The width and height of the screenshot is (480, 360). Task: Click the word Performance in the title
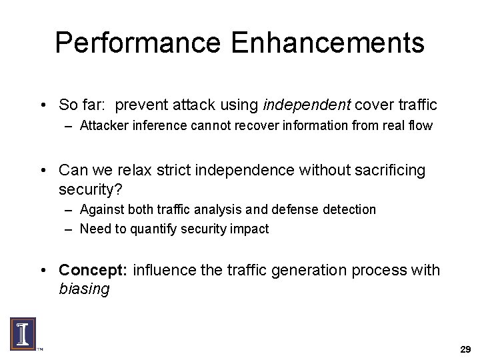(137, 43)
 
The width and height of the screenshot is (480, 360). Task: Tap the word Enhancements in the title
(328, 43)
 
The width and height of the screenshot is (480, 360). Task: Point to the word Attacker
(101, 125)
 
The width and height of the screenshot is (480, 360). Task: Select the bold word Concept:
(93, 270)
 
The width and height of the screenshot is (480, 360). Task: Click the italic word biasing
(83, 289)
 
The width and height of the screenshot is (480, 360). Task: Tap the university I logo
(23, 333)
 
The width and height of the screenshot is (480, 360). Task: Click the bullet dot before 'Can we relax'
(43, 171)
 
